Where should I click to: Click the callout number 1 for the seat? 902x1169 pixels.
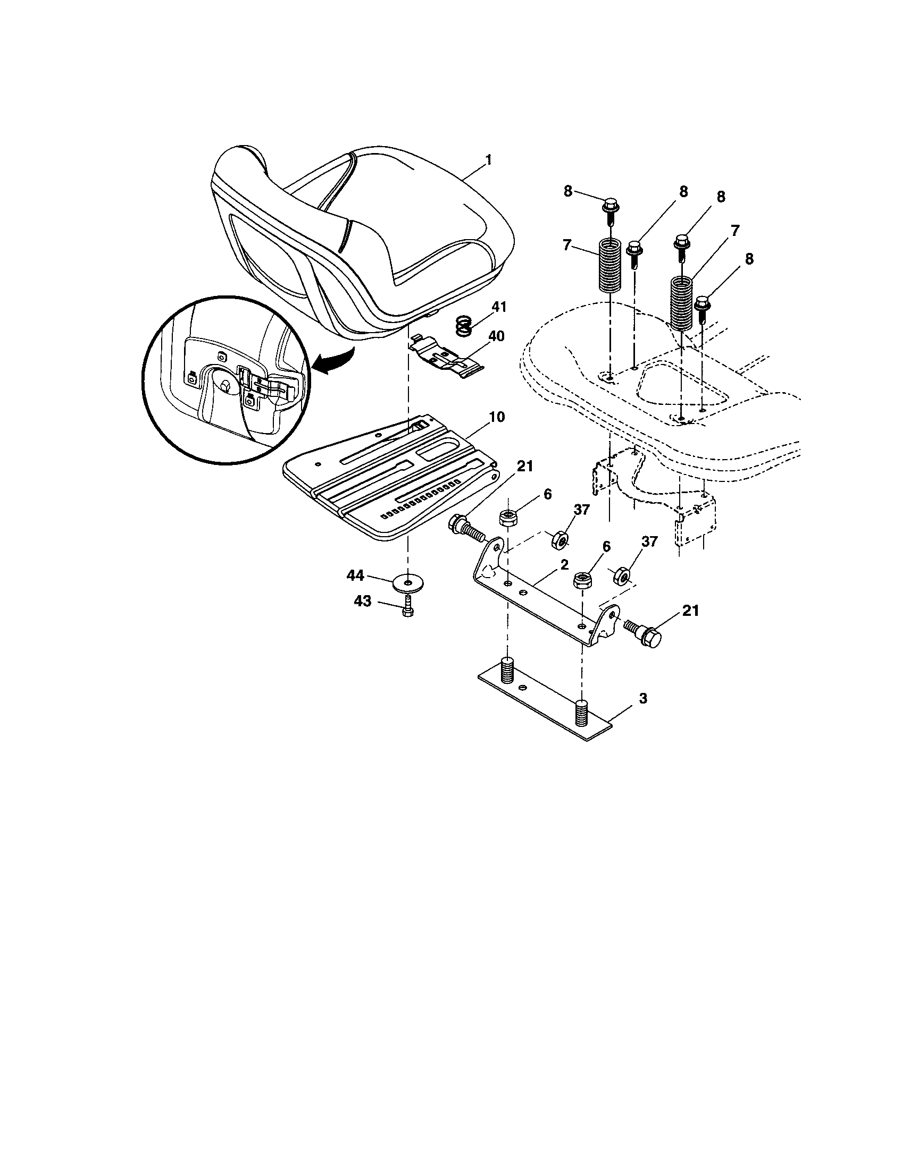(488, 160)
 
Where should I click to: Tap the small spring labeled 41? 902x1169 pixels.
(464, 325)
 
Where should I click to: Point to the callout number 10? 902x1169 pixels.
(496, 417)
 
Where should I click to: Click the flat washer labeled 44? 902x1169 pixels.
(408, 582)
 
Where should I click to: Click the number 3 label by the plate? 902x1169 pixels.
(644, 698)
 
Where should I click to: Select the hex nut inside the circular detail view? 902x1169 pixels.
(225, 386)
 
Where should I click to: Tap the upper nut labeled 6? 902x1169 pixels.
(507, 518)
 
